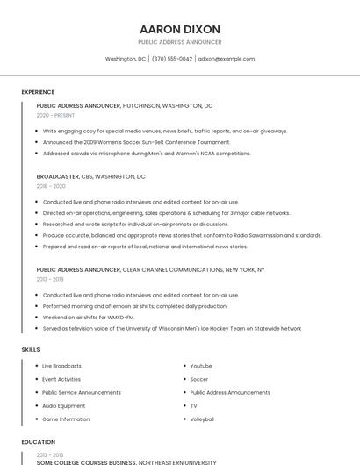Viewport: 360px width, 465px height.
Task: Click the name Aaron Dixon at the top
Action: coord(180,29)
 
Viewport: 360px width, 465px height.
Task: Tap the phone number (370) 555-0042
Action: coord(171,59)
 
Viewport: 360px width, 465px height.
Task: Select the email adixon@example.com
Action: coord(227,59)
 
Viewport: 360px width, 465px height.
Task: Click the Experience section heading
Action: coord(38,92)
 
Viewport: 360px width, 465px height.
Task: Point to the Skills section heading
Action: coord(31,350)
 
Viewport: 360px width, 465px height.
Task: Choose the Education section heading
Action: coord(39,442)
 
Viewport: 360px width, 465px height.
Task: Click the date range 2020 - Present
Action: coord(55,115)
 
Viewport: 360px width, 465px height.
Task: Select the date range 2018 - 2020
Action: coord(51,186)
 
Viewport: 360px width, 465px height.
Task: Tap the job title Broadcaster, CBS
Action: coord(90,176)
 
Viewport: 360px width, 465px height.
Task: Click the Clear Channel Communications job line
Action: coord(150,270)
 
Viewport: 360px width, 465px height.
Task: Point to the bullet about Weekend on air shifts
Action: coord(89,318)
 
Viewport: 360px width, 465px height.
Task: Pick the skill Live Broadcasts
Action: coord(61,366)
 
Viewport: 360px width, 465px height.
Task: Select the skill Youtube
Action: coord(201,366)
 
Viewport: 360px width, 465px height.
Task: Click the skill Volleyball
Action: coord(202,419)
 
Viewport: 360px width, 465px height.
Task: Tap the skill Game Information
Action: coord(66,419)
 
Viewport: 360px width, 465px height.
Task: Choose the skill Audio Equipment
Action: coord(64,406)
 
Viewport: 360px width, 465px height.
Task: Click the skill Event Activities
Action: coord(61,379)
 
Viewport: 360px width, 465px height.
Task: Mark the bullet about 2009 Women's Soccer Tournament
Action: coord(136,142)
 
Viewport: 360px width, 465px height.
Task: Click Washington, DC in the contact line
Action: coord(126,59)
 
